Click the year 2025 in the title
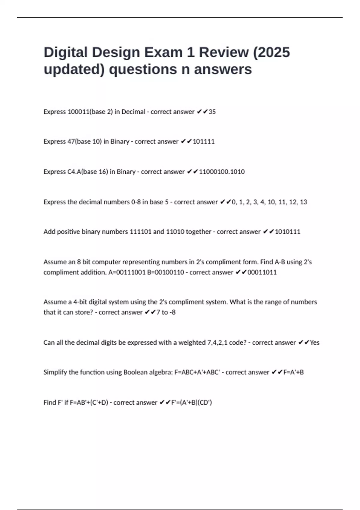coord(274,52)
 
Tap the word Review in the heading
coord(224,52)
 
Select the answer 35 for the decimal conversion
coord(212,112)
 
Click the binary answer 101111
coord(204,142)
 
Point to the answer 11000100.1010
coord(222,172)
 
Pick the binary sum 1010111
coord(287,232)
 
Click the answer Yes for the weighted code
coord(315,343)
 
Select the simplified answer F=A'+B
coord(293,372)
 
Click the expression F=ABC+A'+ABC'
coord(197,372)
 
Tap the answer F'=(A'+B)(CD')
coord(191,403)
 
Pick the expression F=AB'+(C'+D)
coord(89,403)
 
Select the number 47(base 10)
coord(85,142)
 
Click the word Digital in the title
coord(66,52)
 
